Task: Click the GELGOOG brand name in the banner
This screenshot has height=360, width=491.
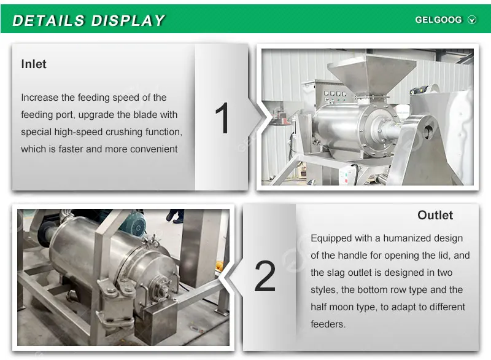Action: coord(438,20)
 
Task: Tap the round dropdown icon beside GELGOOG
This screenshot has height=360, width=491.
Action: coord(472,20)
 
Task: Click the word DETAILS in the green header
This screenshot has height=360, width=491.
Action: coord(48,21)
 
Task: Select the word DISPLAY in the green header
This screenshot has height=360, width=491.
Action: coord(128,21)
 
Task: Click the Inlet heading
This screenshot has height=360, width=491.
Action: coord(34,65)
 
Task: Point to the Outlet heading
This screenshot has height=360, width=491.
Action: coord(435,215)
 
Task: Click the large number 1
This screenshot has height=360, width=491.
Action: coord(222,118)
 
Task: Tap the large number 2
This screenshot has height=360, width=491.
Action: coord(265,276)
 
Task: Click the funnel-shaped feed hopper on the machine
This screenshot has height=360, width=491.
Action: coord(372,74)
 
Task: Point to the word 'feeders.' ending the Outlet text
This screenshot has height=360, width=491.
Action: coord(328,324)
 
